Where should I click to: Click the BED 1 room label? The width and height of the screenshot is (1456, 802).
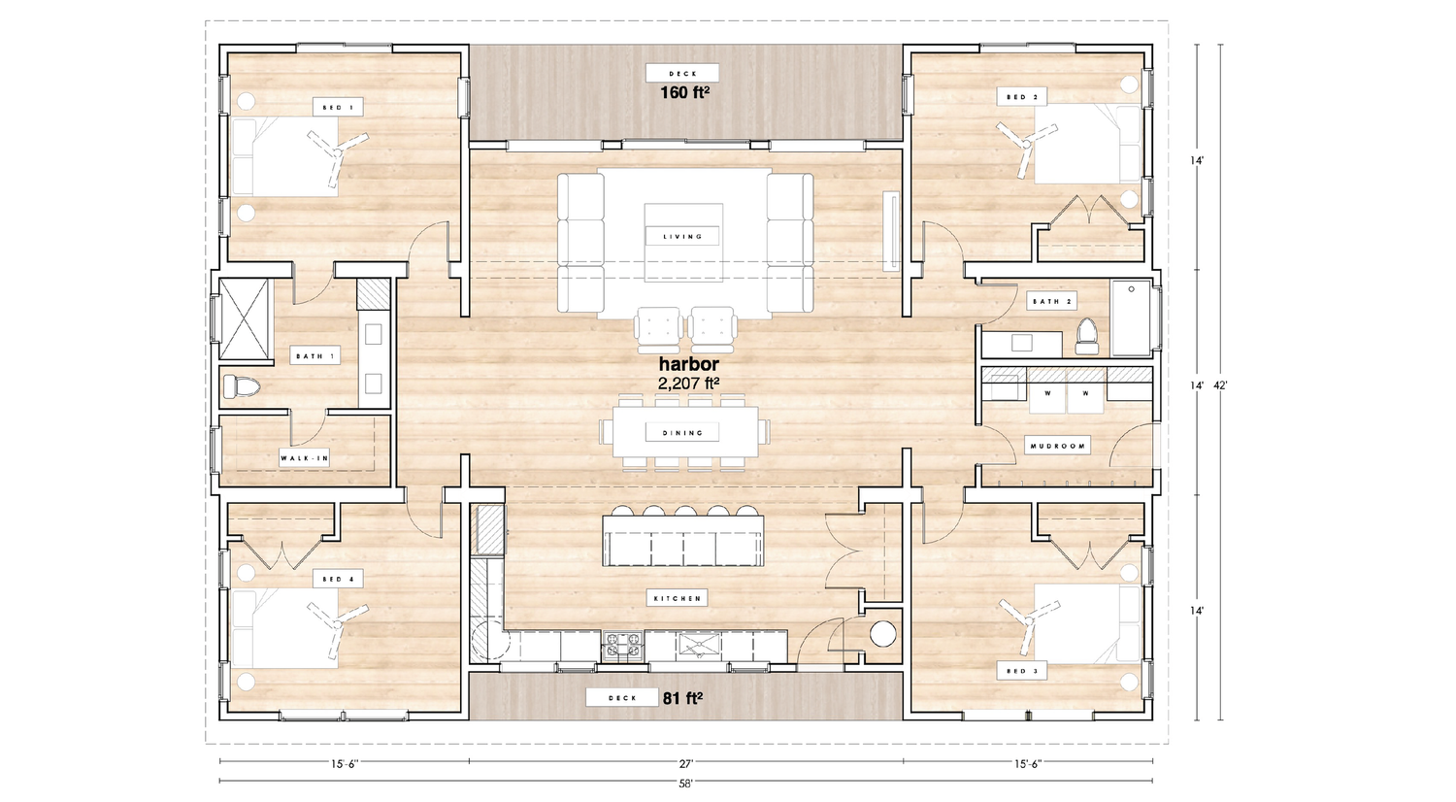pos(338,108)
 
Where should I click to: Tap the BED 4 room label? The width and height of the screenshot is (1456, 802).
pos(338,580)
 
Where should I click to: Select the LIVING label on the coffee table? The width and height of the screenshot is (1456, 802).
pos(682,237)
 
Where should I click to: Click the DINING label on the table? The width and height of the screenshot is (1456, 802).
pos(682,432)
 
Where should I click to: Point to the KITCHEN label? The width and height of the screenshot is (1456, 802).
pos(678,598)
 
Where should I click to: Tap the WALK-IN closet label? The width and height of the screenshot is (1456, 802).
pos(305,458)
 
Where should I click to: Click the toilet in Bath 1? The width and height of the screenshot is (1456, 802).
pos(241,386)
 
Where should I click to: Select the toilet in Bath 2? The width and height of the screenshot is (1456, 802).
pos(1087,337)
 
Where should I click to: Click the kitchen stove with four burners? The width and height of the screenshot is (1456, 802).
pos(623,646)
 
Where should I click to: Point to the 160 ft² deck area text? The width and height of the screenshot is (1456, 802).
pos(684,93)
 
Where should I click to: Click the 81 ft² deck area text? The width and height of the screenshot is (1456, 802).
pos(682,698)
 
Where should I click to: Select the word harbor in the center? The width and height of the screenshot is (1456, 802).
pos(689,363)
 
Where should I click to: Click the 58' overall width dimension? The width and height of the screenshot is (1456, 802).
pos(685,785)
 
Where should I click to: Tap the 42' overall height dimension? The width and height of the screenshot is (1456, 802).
pos(1220,385)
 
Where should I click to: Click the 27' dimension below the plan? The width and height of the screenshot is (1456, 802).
pos(686,763)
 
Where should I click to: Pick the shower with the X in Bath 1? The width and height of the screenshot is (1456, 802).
pos(244,318)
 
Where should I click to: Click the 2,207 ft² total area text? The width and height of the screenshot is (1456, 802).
pos(689,384)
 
